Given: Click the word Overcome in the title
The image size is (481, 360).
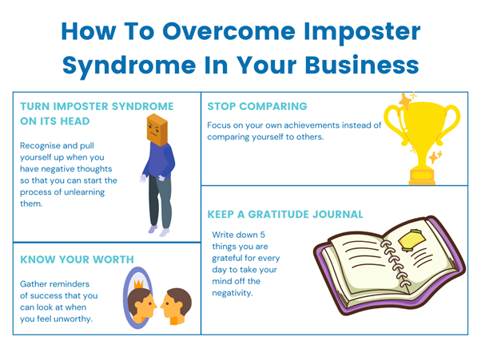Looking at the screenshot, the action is click(229, 31).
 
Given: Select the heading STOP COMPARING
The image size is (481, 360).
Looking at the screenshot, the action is click(257, 106).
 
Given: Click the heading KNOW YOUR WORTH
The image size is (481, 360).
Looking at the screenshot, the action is click(77, 259).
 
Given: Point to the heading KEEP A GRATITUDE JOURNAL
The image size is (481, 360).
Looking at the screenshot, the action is click(285, 214).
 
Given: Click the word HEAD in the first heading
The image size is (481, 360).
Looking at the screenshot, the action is click(75, 121).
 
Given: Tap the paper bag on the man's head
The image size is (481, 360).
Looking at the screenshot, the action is click(157, 130).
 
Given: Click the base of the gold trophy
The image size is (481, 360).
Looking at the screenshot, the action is click(422, 176).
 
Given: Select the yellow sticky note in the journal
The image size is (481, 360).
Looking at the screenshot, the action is click(412, 241).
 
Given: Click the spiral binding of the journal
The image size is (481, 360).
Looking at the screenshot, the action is click(395, 263).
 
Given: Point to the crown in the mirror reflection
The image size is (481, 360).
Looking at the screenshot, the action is click(139, 284).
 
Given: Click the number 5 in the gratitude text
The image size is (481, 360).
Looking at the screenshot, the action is click(263, 235).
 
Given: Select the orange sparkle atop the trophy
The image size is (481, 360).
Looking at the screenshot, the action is click(405, 101).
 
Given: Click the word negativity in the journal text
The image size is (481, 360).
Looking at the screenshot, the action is click(233, 293).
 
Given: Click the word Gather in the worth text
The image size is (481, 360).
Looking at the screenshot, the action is click(33, 284).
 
